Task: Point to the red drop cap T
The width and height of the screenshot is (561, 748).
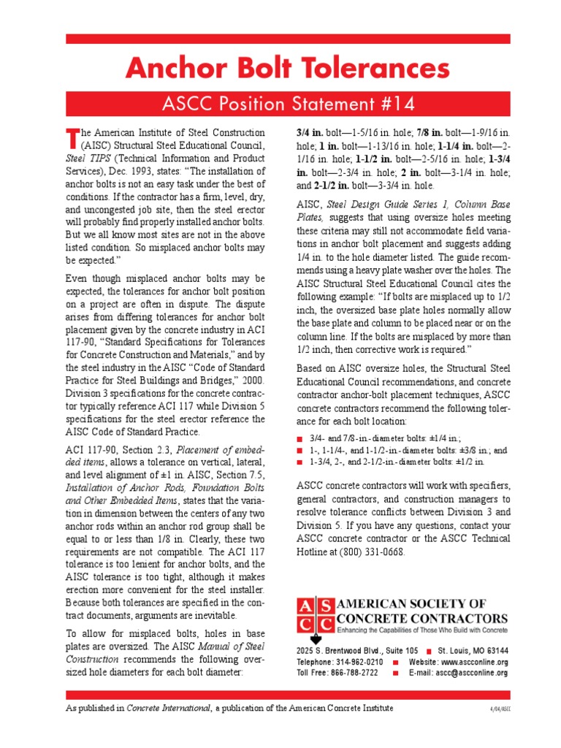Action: (x=72, y=137)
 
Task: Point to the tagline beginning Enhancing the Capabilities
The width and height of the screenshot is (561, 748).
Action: (x=421, y=630)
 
